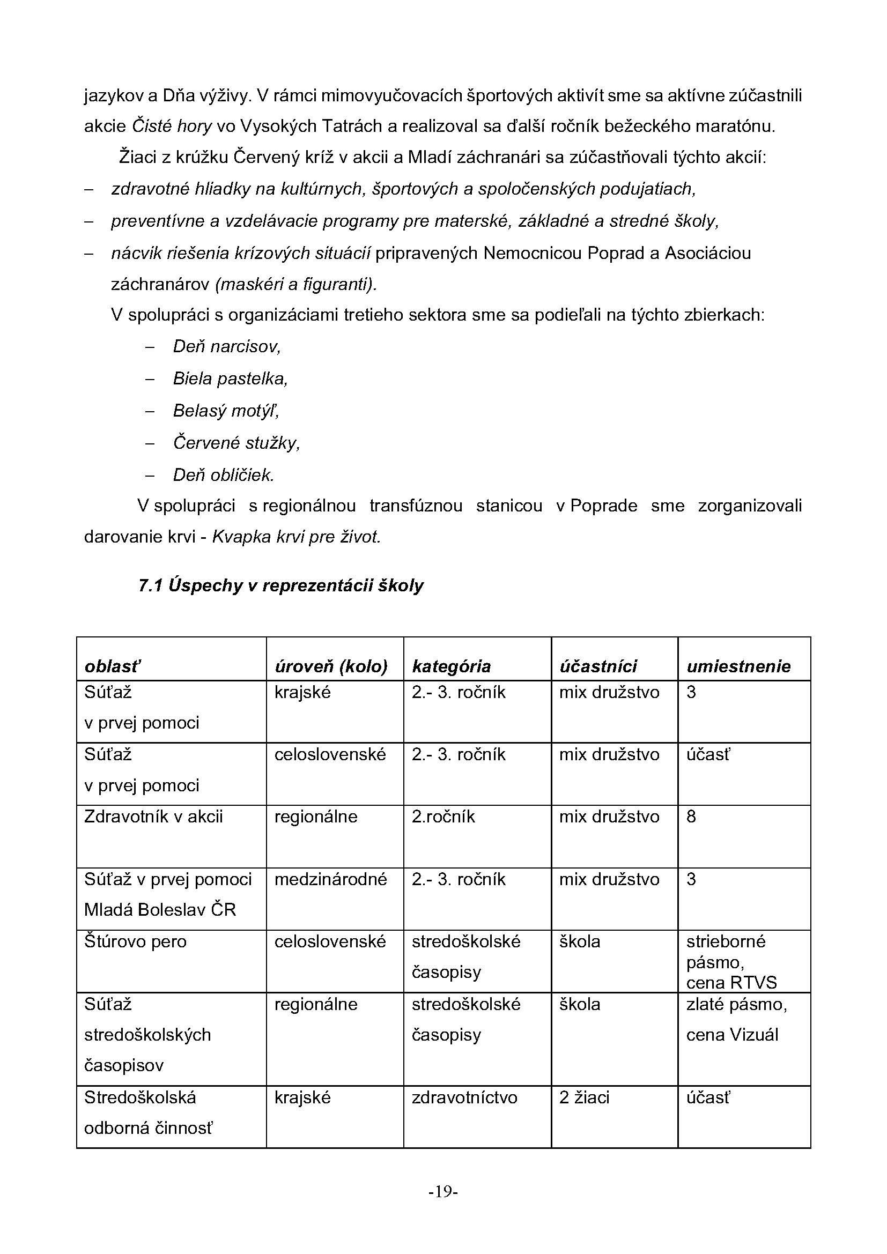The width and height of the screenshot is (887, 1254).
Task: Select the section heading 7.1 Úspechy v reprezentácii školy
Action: click(280, 585)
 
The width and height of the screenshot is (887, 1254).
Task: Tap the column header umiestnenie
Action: click(738, 666)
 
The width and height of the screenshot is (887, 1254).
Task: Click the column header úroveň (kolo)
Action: click(331, 666)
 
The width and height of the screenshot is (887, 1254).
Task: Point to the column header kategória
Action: click(451, 666)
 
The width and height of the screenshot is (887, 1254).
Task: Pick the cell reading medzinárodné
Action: click(330, 879)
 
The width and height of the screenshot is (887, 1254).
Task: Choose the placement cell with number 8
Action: click(691, 817)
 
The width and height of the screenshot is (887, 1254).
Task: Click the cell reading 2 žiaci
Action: click(584, 1097)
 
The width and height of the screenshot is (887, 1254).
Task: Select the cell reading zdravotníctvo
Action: click(464, 1097)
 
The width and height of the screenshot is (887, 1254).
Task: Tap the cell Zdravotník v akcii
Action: click(153, 817)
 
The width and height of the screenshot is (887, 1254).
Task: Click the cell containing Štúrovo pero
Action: click(136, 941)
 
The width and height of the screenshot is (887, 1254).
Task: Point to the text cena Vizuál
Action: click(732, 1034)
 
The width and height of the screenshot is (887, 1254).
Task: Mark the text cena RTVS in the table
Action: click(731, 983)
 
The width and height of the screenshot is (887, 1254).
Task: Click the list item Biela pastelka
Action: click(230, 379)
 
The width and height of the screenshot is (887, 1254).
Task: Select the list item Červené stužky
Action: click(236, 442)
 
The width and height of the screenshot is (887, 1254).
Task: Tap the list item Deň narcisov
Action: click(227, 346)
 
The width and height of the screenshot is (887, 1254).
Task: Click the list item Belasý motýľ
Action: click(226, 410)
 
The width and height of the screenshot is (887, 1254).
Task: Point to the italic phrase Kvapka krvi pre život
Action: click(296, 537)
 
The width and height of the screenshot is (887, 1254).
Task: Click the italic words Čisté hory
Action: click(172, 126)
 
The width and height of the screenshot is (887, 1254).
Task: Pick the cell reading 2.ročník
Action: click(443, 817)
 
